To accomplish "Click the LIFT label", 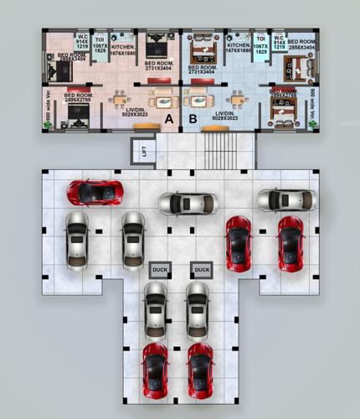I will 144,153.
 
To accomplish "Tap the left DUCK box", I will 159,270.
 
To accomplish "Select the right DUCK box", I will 201,270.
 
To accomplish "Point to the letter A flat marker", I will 168,120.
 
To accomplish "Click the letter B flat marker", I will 193,120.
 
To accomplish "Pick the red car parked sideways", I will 95,192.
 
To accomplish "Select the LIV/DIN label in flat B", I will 224,116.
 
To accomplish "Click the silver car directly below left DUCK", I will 155,309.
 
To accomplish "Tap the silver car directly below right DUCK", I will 198,309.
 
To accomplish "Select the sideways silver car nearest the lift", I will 188,203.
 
